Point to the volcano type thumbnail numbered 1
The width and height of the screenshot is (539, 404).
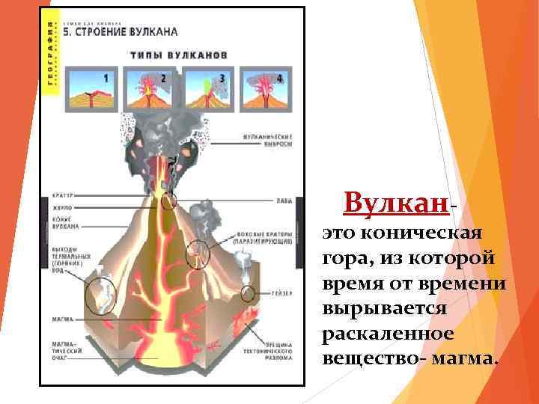[x=91, y=89]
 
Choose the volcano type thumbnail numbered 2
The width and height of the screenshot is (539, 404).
[x=149, y=89]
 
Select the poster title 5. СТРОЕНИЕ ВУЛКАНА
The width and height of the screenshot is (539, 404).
[x=124, y=32]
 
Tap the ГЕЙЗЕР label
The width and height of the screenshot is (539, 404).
[x=278, y=293]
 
